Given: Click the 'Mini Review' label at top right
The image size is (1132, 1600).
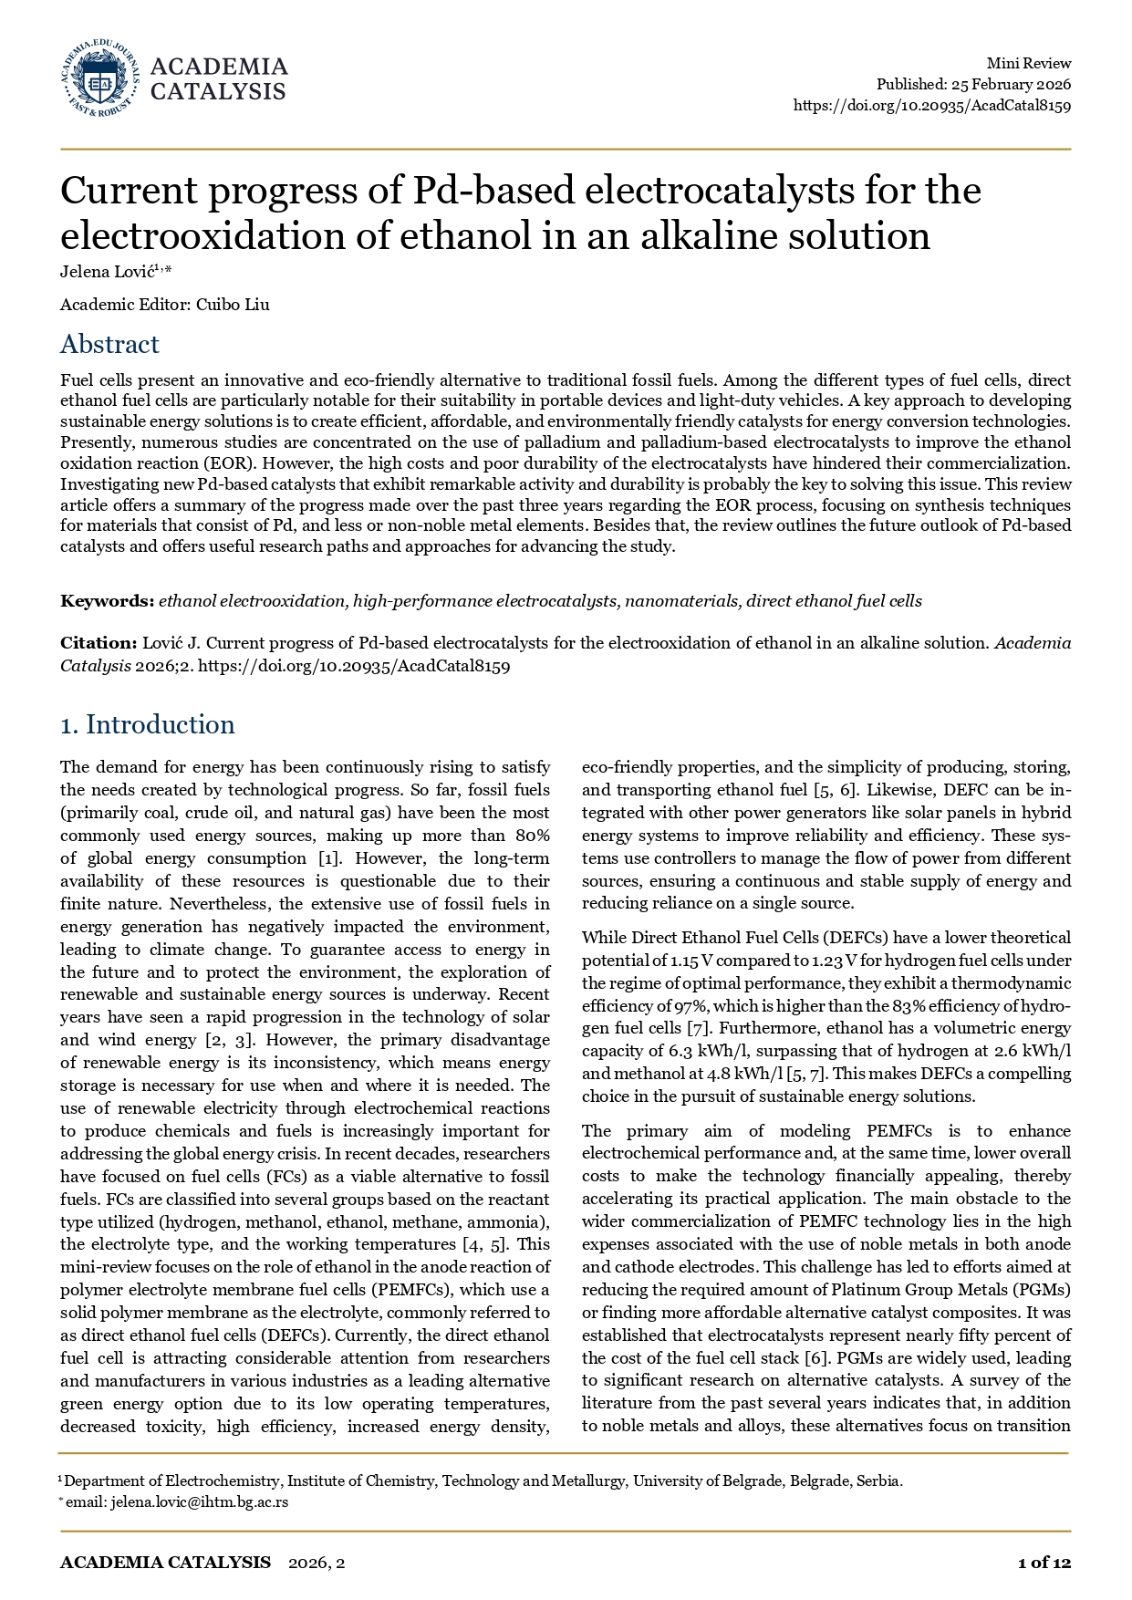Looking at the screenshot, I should (x=1028, y=63).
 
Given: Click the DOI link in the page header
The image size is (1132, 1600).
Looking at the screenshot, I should (x=931, y=105).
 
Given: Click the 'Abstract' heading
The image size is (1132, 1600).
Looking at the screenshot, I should (x=109, y=344).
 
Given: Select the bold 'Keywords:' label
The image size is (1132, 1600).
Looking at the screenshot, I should (x=107, y=601).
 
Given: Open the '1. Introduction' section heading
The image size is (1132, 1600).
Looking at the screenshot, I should (x=147, y=724).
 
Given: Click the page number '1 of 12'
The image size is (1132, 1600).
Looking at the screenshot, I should (x=1044, y=1563).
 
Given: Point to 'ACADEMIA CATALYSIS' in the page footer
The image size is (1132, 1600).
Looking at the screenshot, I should (x=165, y=1563).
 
